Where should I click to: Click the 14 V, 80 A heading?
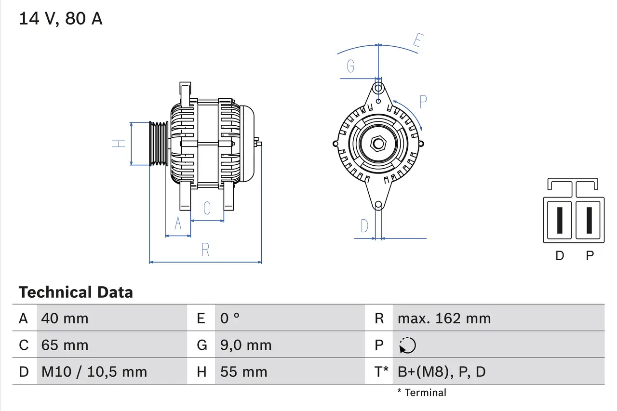coord(61,18)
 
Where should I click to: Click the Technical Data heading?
coord(76,292)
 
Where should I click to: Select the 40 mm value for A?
coord(65,318)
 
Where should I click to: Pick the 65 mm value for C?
coord(65,345)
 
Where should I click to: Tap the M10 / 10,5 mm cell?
coord(94,372)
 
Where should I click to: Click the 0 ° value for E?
coord(230,318)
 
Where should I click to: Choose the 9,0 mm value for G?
coord(246,345)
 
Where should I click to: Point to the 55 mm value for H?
coord(243,372)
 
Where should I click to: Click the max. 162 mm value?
coord(444,318)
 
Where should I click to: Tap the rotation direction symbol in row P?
coord(407,345)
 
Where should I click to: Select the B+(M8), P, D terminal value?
coord(442,372)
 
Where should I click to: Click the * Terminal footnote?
coord(422,393)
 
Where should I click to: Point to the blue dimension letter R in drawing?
coord(205,250)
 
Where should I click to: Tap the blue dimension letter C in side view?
coord(207,208)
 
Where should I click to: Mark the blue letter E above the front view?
coord(417,42)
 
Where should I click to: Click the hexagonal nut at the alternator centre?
coord(378,144)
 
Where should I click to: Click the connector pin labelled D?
coord(559,220)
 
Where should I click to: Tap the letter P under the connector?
coord(590,256)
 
